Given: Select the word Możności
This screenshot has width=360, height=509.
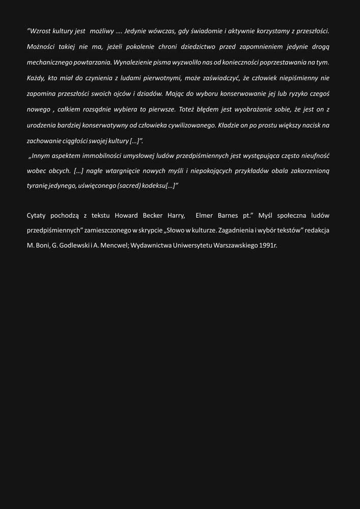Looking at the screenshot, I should click(41, 47).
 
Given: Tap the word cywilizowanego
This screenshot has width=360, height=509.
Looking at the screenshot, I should click(188, 125).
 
